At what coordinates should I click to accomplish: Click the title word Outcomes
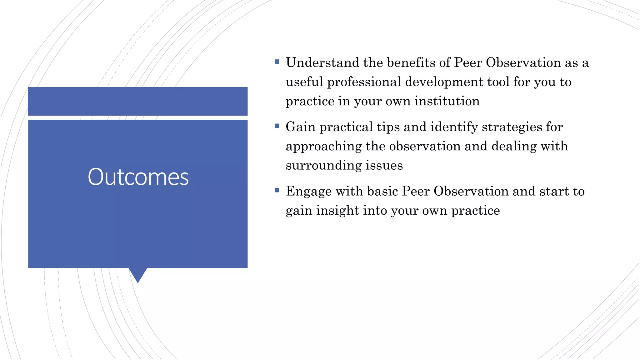[x=138, y=177]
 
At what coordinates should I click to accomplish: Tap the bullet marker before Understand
[x=277, y=62]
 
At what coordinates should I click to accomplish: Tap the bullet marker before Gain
[x=277, y=126]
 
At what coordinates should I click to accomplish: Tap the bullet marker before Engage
[x=277, y=190]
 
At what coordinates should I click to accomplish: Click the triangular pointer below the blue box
[x=138, y=274]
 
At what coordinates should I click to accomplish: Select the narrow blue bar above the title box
[x=138, y=101]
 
